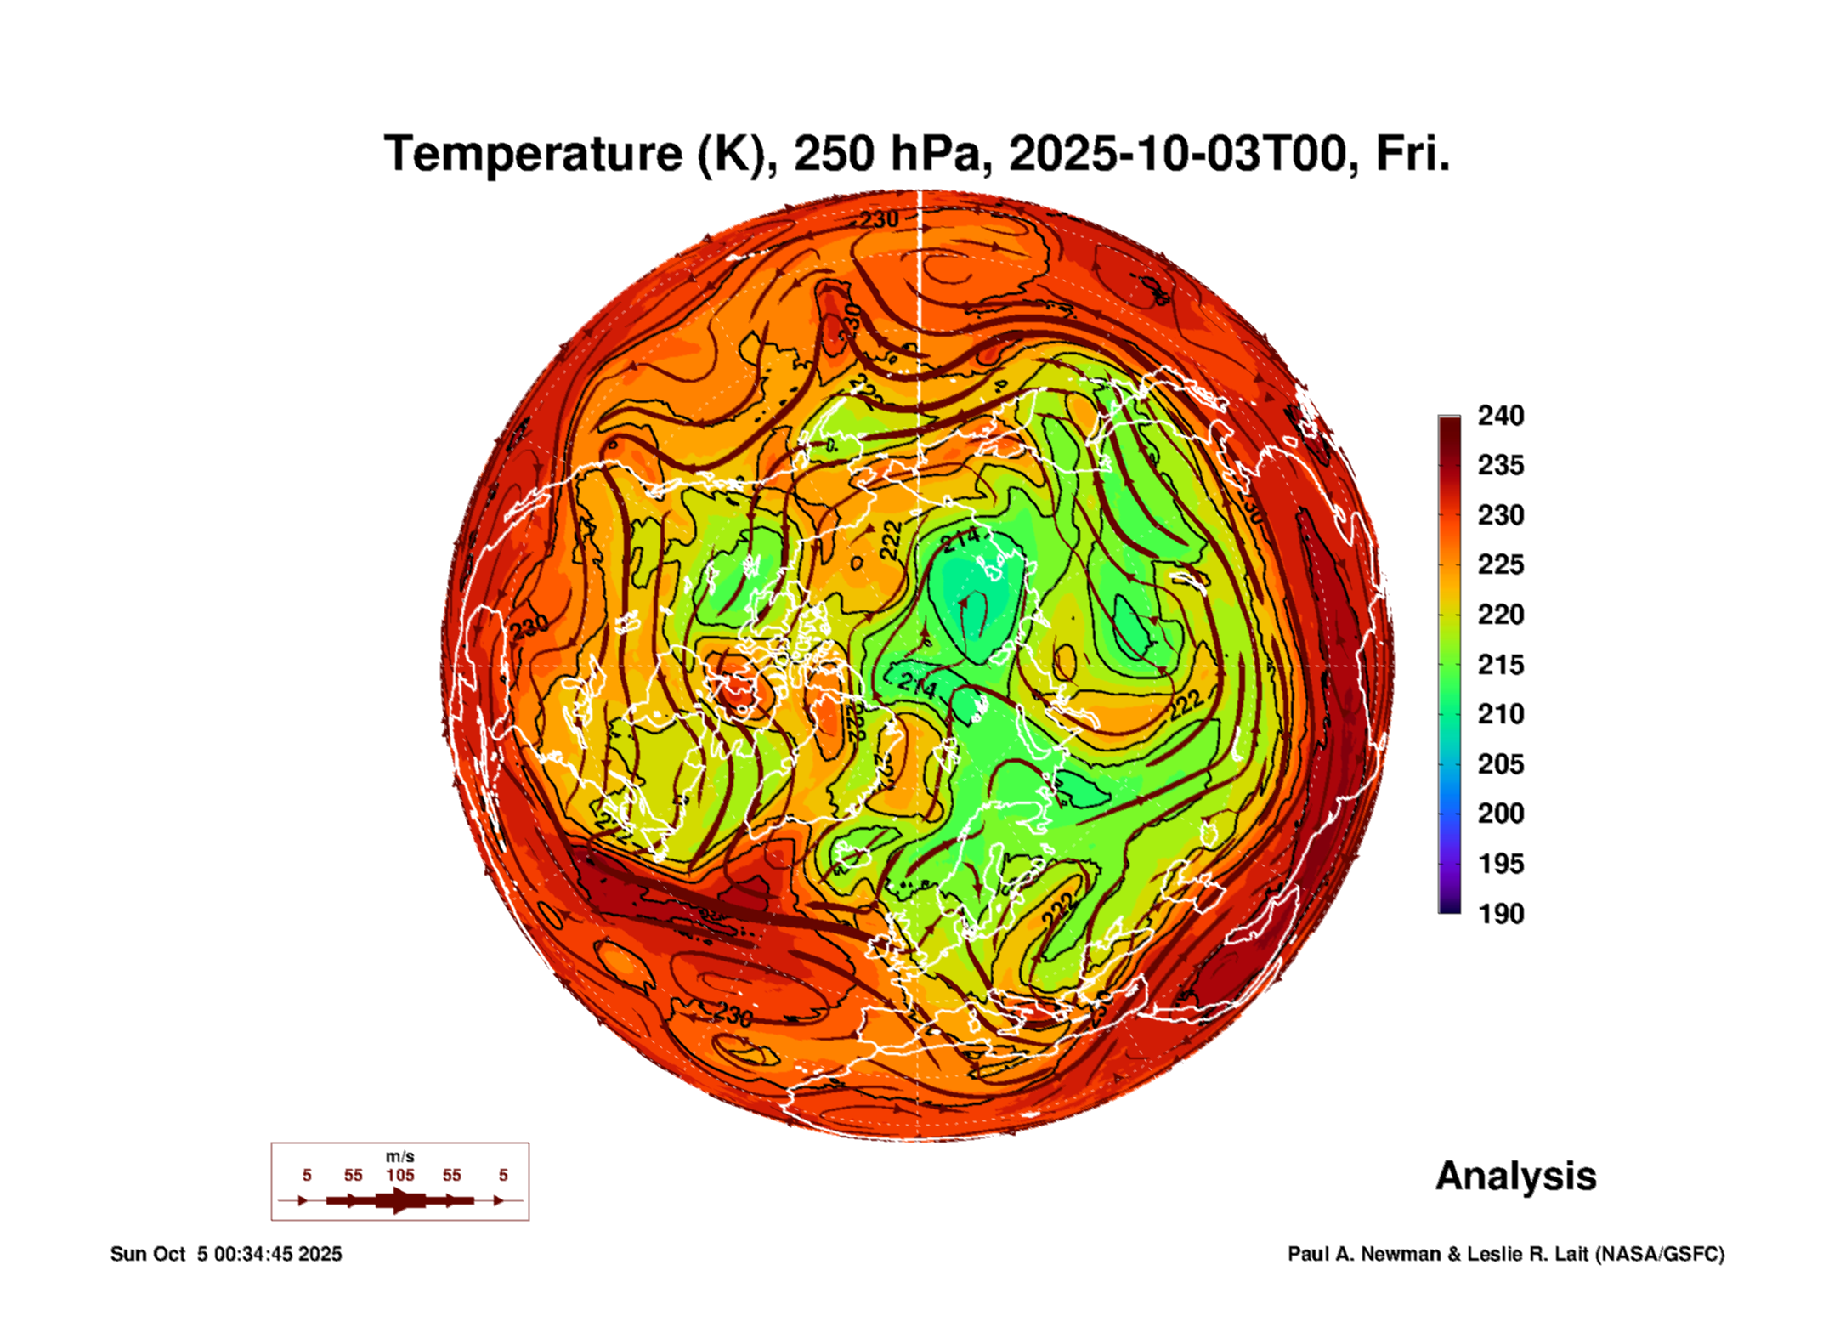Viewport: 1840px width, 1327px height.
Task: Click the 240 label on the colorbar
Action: (1500, 416)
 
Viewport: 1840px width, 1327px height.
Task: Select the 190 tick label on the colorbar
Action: (1500, 914)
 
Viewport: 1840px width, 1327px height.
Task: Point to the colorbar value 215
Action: (1500, 665)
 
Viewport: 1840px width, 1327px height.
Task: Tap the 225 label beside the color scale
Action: (1500, 564)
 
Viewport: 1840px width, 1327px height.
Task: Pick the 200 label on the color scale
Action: (1500, 814)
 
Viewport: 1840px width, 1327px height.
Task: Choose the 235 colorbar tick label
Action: (1500, 465)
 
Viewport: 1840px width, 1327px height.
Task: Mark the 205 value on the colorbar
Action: (1500, 764)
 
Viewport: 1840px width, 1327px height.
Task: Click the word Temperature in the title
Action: (533, 154)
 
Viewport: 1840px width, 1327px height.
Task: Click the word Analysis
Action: (1515, 1177)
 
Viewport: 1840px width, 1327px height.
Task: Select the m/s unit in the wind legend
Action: (399, 1157)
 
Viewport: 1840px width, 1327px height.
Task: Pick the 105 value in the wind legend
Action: (399, 1176)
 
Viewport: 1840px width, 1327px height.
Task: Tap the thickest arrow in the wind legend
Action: (399, 1200)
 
